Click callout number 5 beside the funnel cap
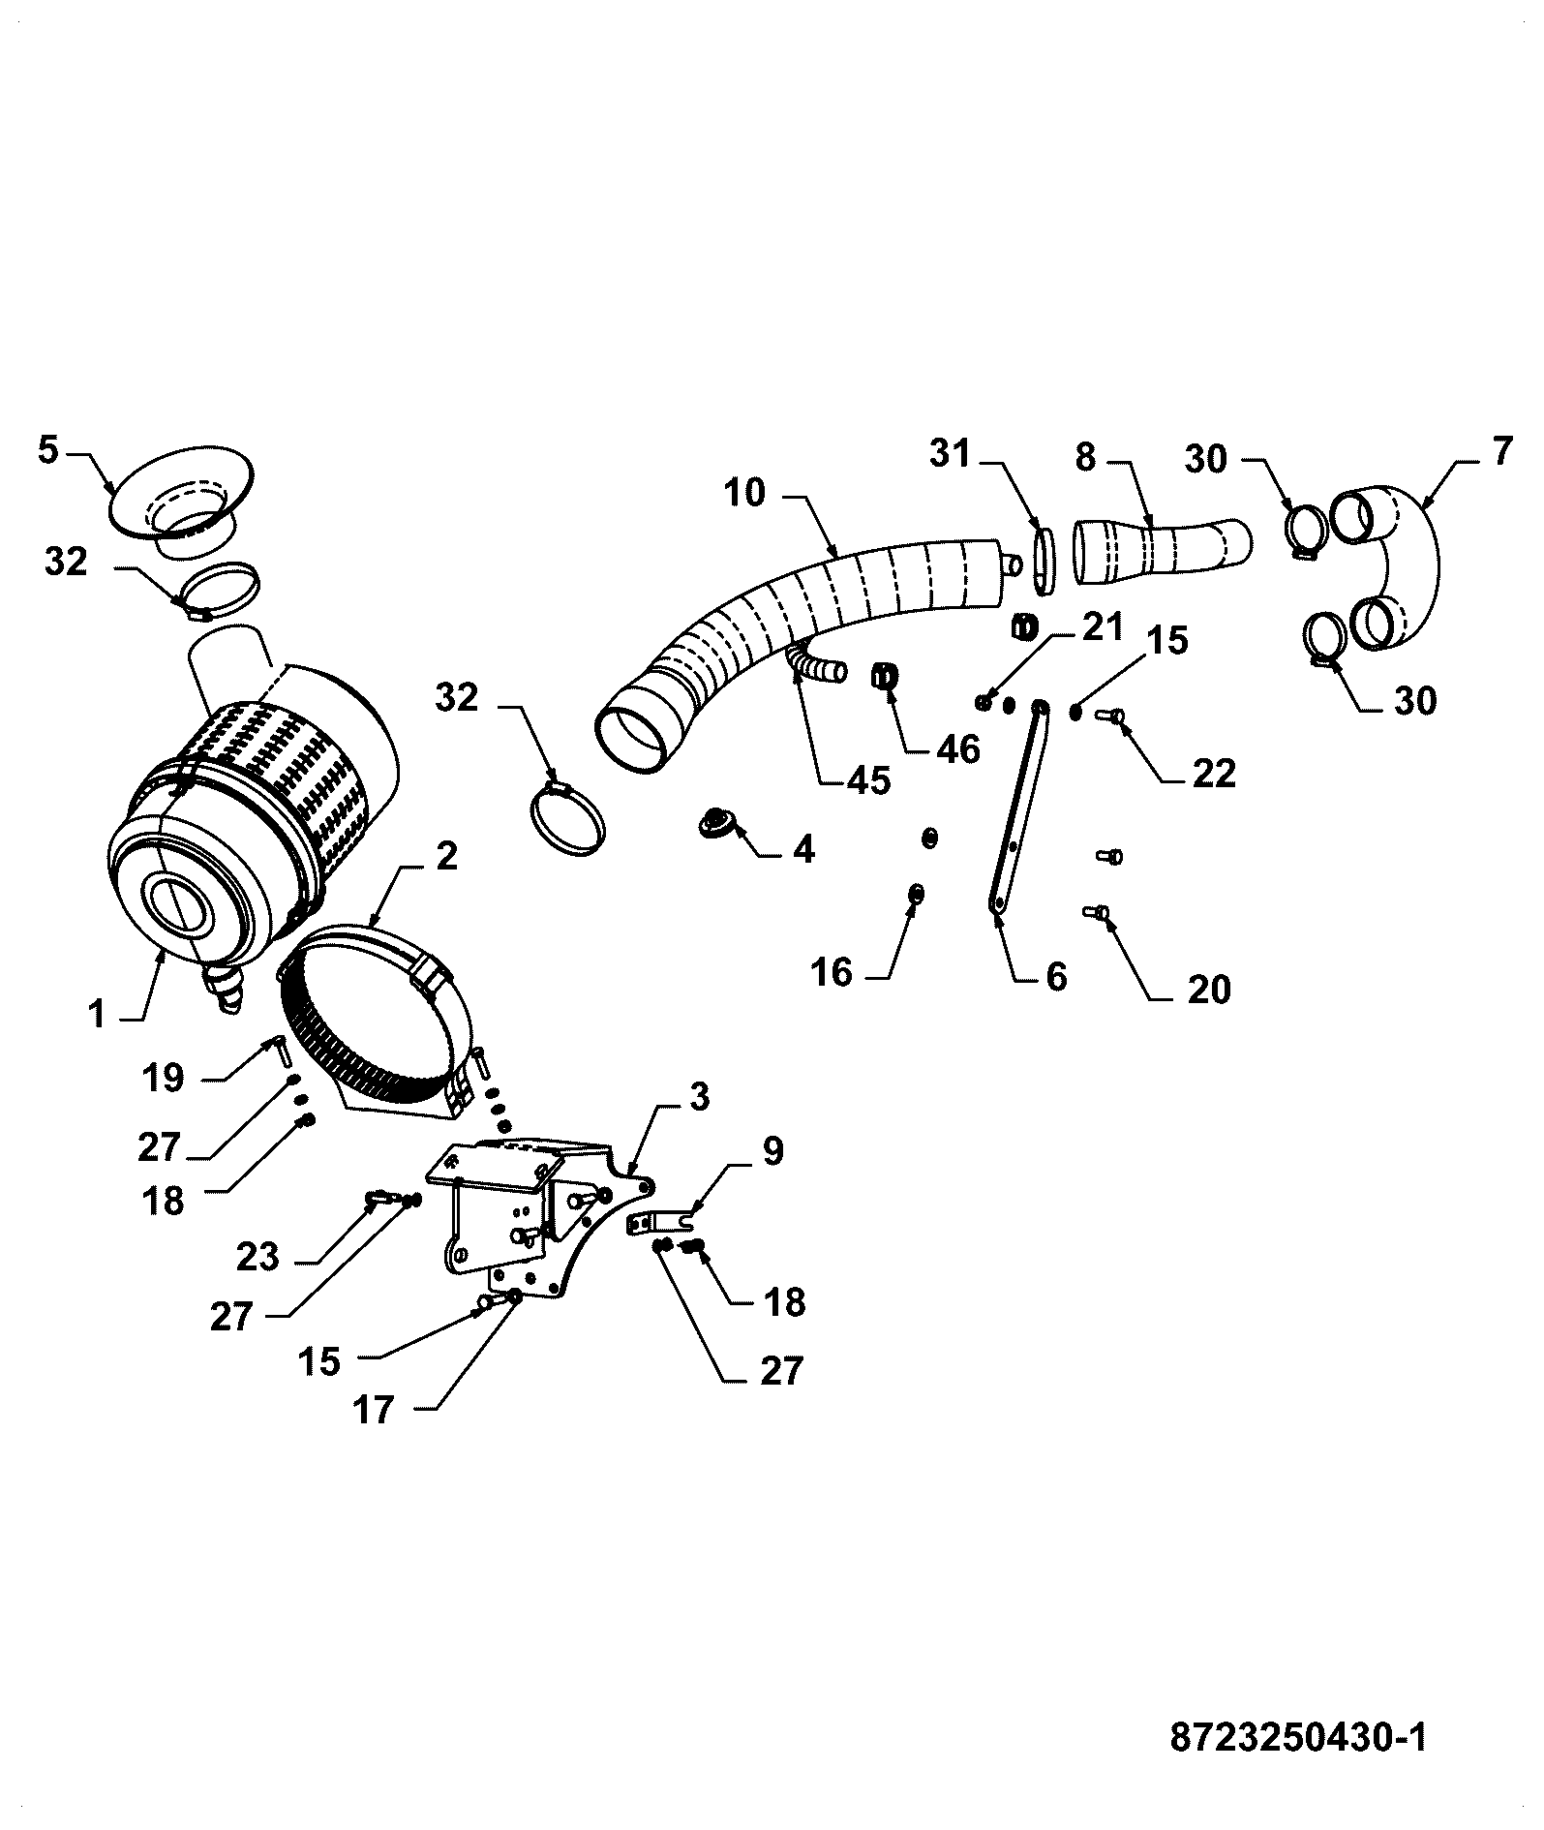click(49, 451)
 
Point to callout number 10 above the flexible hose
click(744, 493)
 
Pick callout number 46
click(958, 748)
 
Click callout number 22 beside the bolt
click(1213, 773)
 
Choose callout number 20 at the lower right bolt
click(1208, 989)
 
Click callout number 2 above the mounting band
click(446, 856)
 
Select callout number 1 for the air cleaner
click(95, 1015)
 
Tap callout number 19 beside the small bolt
click(163, 1076)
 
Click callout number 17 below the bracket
click(374, 1410)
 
